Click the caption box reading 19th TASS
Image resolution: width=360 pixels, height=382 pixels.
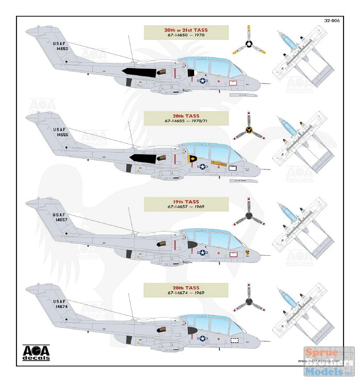pos(179,203)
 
